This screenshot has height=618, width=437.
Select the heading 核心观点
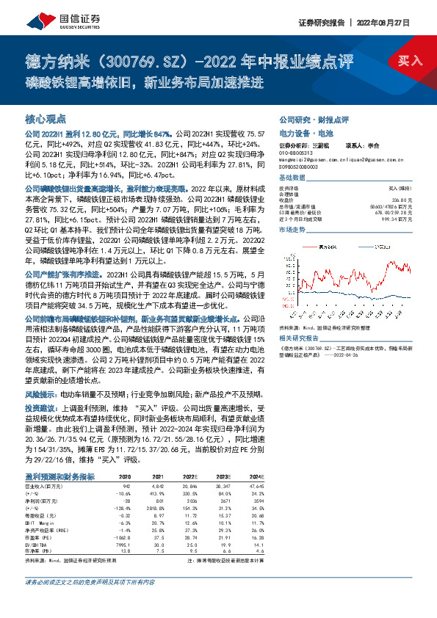tap(46, 117)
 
